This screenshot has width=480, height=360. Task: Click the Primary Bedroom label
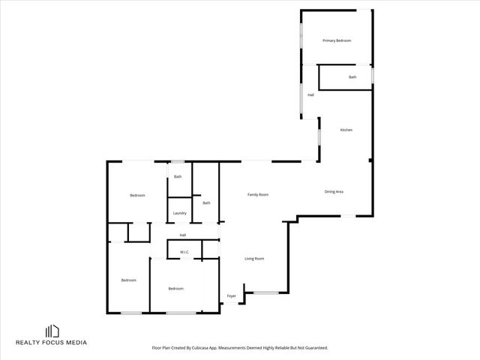[x=337, y=40]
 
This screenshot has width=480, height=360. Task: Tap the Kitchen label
[x=346, y=130]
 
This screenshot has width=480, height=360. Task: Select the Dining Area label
[x=334, y=192]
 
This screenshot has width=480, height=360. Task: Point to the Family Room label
[x=258, y=195]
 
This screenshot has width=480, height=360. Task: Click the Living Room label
[x=254, y=259]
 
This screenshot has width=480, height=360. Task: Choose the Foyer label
[x=232, y=296]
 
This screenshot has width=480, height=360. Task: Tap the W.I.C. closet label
[x=184, y=252]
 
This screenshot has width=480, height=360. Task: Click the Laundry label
[x=179, y=213]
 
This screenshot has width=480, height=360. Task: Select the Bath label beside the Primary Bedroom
[x=352, y=77]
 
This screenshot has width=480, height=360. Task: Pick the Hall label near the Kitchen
[x=310, y=95]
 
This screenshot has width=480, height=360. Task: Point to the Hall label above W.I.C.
[x=182, y=235]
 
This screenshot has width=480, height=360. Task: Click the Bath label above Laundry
[x=178, y=177]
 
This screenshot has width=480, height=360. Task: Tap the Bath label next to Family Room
[x=206, y=202]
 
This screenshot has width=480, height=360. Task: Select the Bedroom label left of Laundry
[x=137, y=196]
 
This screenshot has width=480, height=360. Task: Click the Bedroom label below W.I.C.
[x=175, y=289]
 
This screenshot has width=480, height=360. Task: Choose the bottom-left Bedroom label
[x=129, y=280]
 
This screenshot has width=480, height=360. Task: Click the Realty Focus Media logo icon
[x=52, y=331]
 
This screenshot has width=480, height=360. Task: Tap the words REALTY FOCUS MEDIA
[x=52, y=343]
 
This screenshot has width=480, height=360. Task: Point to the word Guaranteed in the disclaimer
[x=316, y=348]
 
